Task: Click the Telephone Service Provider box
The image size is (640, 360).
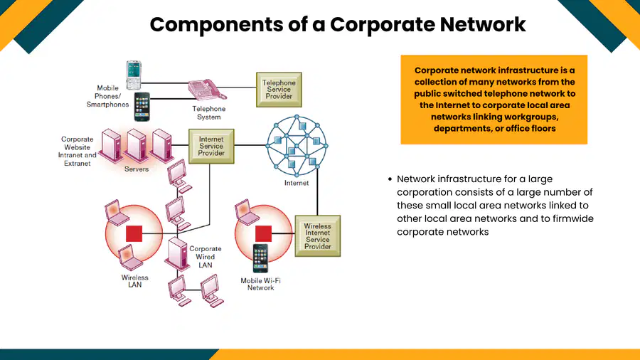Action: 279,90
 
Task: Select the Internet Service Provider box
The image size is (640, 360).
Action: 211,146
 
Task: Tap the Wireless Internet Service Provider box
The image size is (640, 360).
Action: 318,236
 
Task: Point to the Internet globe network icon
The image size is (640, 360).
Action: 297,146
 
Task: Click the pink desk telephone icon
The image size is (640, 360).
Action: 206,90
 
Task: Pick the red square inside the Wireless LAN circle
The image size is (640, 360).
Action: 134,234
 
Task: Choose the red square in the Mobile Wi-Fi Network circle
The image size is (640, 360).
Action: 263,233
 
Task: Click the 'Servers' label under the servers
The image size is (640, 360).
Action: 137,169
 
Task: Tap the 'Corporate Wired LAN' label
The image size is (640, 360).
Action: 206,257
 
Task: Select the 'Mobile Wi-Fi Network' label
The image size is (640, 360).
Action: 260,284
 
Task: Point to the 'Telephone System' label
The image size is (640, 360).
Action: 209,112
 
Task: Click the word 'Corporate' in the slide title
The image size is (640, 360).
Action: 382,24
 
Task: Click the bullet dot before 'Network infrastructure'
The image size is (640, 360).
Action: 390,179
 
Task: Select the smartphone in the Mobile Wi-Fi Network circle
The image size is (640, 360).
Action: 260,258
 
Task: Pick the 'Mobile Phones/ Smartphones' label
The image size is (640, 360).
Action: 107,96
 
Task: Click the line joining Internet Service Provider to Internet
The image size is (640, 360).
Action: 250,145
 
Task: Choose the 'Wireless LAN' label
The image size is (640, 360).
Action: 134,281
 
